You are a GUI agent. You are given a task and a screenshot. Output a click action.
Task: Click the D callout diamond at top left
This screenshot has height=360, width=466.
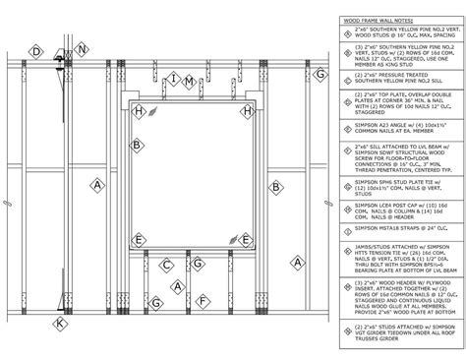pos(36,51)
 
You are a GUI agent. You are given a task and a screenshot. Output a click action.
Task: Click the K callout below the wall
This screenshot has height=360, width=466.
pos(61,322)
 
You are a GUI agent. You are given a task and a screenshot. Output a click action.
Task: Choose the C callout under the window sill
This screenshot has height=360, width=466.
pos(167,265)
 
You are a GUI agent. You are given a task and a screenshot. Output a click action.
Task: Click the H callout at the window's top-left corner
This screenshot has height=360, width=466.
pos(140,112)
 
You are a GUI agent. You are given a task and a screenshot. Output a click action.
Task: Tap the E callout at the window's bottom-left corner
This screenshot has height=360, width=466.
pos(142,239)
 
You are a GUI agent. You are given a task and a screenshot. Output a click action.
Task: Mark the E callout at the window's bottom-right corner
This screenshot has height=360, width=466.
pos(251,239)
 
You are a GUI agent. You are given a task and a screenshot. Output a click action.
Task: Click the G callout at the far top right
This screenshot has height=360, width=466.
pos(320,73)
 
